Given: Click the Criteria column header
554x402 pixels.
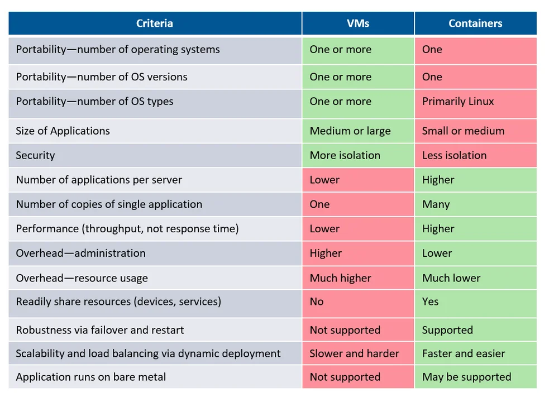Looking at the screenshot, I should [x=155, y=23].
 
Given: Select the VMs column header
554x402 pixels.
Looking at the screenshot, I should [x=358, y=23].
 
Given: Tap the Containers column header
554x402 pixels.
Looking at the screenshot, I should [x=475, y=23].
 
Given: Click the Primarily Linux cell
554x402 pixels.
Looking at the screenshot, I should [x=458, y=102].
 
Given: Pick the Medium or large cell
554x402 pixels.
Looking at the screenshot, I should [x=350, y=131].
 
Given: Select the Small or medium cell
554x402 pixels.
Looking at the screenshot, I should [x=463, y=131].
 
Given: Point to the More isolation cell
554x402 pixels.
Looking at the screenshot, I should [x=345, y=156].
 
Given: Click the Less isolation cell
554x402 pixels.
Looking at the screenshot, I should [x=454, y=156].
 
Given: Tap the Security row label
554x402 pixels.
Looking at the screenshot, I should [x=36, y=156].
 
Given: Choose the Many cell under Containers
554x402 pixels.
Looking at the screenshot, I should [x=436, y=204].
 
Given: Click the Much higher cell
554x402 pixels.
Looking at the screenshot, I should [x=340, y=278].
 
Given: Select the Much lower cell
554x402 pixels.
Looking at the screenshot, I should [x=451, y=278].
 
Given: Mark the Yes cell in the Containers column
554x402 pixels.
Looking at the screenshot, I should [x=430, y=301].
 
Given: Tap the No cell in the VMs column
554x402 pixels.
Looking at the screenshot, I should [x=317, y=301].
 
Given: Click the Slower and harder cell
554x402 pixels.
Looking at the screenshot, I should [x=354, y=354].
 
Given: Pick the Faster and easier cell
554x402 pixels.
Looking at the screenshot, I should [x=464, y=354].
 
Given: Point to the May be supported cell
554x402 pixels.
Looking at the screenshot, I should [x=466, y=377].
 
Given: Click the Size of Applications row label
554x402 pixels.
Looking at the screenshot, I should [x=63, y=131].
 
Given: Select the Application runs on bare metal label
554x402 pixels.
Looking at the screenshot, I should [x=90, y=377].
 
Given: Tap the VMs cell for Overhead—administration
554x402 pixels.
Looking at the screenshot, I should [x=326, y=253].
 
